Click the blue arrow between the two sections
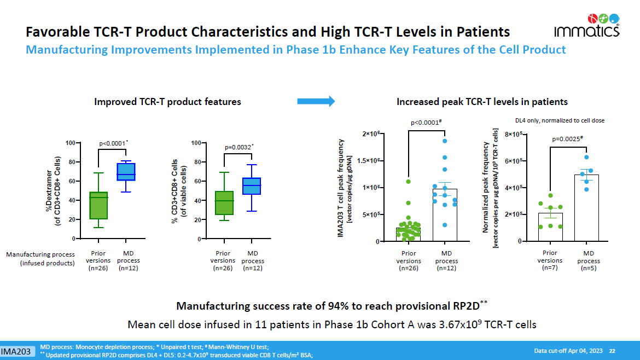pos(316,101)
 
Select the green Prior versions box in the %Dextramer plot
pos(98,205)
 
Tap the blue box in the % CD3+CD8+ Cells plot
pos(251,186)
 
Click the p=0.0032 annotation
pos(239,147)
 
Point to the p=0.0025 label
pos(567,139)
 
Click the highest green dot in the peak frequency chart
pos(408,181)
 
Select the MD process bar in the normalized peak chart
pos(586,208)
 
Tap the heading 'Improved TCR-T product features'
pos(167,102)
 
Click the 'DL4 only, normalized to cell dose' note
pos(560,120)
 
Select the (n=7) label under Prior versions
pos(550,268)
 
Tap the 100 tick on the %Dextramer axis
pos(70,143)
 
